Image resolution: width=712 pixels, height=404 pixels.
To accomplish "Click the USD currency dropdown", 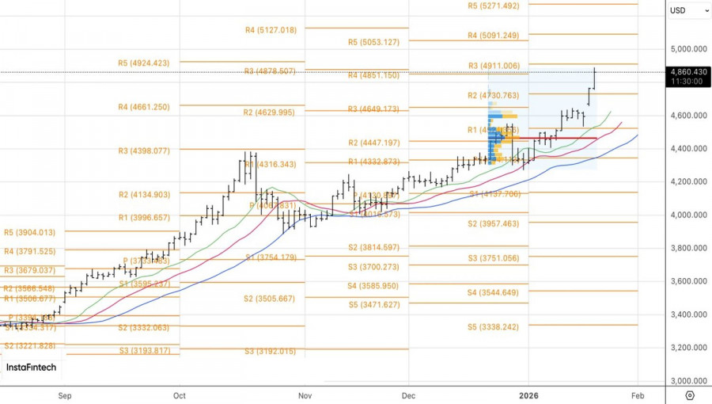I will [689, 10].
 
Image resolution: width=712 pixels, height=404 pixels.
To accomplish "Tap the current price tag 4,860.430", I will [687, 71].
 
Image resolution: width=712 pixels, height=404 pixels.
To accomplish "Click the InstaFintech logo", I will [31, 368].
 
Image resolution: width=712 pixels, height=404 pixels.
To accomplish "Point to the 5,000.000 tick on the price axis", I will [687, 49].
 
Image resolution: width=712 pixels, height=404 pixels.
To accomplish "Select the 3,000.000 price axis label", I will [687, 381].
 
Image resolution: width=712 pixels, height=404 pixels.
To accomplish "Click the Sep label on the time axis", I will [65, 394].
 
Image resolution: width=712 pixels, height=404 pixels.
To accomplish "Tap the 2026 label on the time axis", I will [528, 394].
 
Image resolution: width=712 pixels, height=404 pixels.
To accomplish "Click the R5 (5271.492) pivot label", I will [494, 6].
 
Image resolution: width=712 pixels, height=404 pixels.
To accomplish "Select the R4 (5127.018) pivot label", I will [271, 30].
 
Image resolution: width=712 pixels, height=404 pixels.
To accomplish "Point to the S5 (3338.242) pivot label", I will [493, 326].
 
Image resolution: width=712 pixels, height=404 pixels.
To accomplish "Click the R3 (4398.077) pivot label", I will [144, 151].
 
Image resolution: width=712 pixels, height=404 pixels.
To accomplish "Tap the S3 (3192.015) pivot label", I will [270, 351].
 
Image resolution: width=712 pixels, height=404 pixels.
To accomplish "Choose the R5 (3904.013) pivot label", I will [30, 233].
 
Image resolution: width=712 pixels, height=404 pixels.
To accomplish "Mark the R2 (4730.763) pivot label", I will [493, 96].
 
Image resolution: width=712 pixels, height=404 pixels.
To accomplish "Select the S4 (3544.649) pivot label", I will [493, 293].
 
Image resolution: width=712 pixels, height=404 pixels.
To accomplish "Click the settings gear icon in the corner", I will [690, 395].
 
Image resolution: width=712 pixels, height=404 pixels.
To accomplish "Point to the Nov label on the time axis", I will [305, 394].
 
